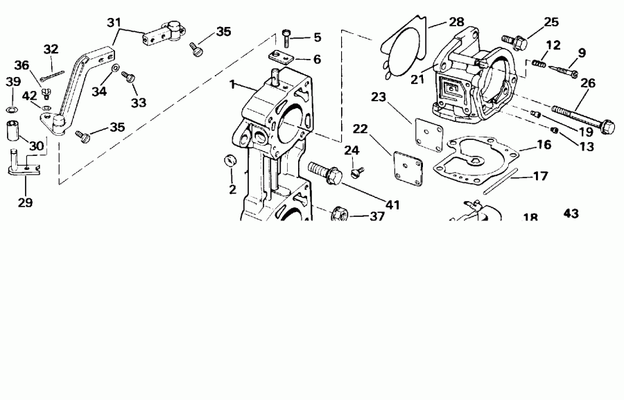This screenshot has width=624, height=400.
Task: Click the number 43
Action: [x=571, y=214]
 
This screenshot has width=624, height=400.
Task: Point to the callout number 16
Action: [x=544, y=145]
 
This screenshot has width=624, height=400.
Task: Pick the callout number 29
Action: [x=25, y=203]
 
